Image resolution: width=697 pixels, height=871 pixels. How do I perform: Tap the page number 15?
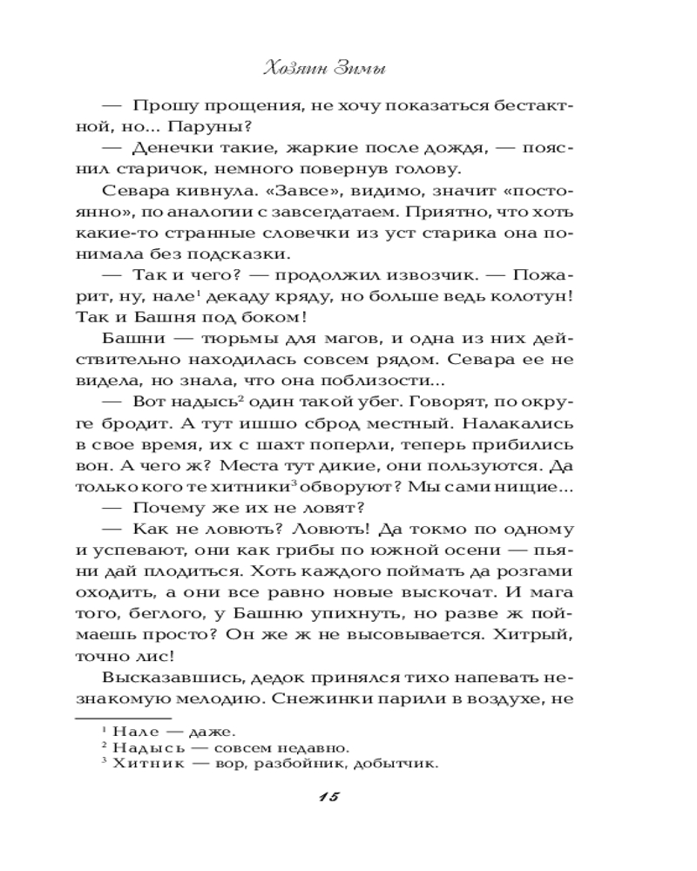click(x=335, y=798)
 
